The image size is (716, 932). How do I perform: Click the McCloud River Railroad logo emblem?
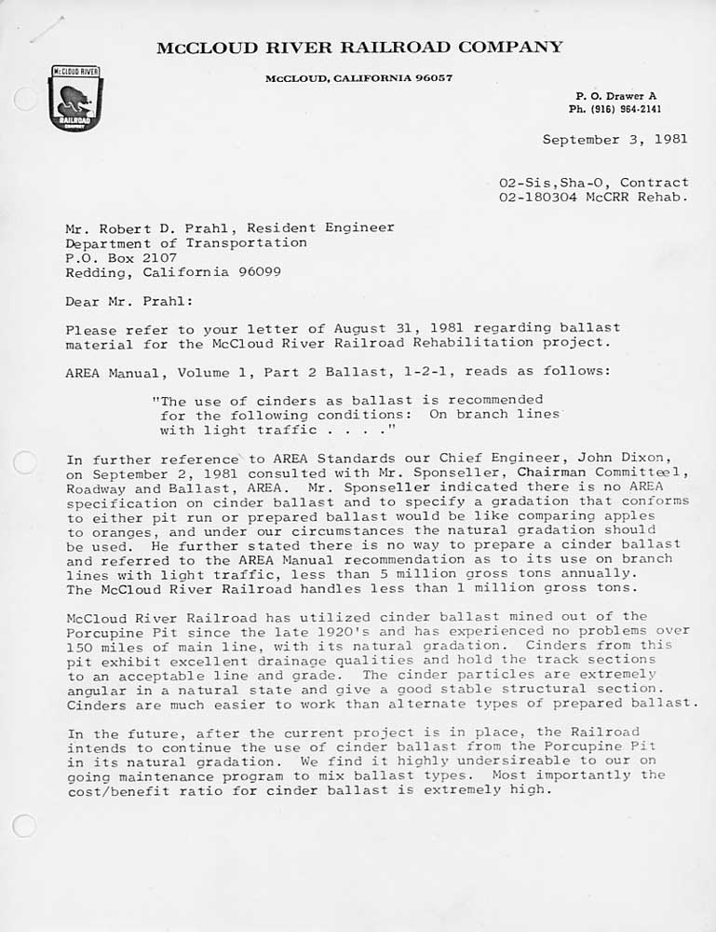click(75, 98)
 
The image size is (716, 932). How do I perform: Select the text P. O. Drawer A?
click(615, 96)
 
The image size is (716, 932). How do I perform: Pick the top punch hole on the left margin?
click(26, 99)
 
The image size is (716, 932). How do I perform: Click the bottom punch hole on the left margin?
click(25, 825)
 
